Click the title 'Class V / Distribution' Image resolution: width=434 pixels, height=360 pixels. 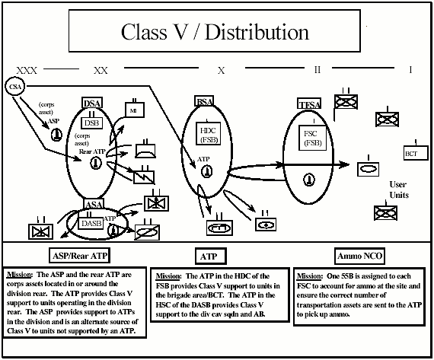215,33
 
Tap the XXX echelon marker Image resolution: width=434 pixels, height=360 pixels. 27,70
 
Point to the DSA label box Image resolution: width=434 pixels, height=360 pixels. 91,104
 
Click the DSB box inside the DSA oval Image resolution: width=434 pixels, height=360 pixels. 91,122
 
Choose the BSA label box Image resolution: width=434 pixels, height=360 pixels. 205,102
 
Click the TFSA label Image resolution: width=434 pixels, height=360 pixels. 310,104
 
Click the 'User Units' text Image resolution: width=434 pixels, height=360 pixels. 398,190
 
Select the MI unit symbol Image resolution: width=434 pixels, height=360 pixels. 132,110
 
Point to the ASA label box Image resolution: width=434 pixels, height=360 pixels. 93,205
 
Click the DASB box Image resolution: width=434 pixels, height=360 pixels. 92,223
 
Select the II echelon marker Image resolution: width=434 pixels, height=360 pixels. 318,70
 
